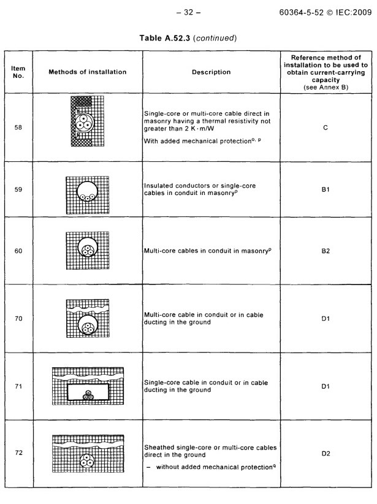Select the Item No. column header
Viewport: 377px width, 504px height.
18,72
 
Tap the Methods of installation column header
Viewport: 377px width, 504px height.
87,72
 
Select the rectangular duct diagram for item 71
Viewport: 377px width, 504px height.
86,392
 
